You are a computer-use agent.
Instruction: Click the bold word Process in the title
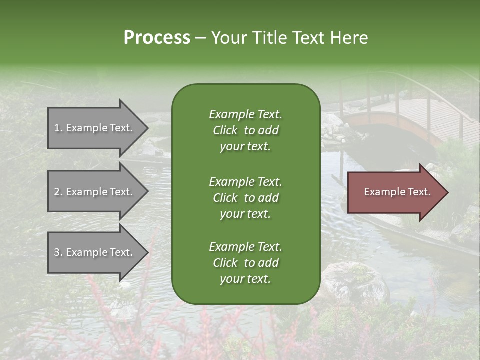[157, 38]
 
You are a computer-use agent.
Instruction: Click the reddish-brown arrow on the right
[395, 192]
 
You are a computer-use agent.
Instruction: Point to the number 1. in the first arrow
[58, 128]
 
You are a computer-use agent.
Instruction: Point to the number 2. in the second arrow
[58, 192]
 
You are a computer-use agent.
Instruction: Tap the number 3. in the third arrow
[58, 252]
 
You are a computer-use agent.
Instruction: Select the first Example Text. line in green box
[245, 114]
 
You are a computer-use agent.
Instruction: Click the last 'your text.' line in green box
[245, 279]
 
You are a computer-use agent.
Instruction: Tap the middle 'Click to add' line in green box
[245, 198]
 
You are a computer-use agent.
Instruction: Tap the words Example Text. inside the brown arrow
[397, 192]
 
